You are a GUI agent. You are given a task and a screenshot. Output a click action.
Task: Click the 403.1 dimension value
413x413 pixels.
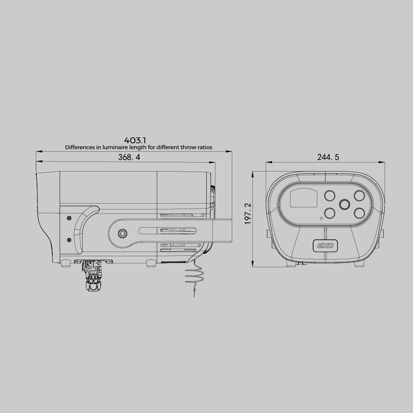135,140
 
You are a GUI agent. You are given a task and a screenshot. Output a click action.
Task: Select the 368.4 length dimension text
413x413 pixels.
129,157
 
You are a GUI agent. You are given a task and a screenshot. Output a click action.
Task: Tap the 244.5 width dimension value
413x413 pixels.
328,157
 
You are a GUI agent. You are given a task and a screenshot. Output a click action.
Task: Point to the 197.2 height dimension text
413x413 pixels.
248,214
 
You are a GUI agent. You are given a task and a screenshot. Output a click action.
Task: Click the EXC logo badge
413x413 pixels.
325,245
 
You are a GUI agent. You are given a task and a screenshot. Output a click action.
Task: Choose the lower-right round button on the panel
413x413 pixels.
359,213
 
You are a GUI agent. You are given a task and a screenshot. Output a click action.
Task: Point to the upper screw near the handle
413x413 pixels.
69,218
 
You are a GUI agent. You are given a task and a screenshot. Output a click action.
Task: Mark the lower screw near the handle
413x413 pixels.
69,239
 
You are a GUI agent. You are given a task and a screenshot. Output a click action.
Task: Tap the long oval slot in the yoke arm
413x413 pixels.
168,230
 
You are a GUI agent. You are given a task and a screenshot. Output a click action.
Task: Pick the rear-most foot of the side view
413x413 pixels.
66,263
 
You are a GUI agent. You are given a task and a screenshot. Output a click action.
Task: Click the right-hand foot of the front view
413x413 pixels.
359,264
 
